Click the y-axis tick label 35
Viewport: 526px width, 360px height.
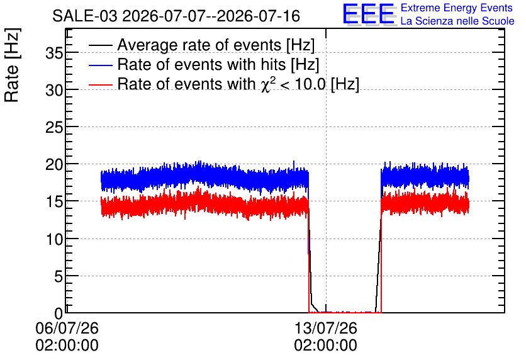coord(54,53)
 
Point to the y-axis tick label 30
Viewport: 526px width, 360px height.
coord(54,90)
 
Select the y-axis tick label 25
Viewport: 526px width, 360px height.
coord(54,127)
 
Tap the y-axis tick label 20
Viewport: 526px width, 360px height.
coord(54,164)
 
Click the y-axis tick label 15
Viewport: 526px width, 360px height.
coord(54,201)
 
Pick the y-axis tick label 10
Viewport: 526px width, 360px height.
coord(54,239)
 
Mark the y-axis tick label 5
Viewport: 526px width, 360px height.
coord(59,276)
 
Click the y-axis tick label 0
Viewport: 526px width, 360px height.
coord(59,313)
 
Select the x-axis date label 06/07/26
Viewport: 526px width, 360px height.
coord(67,328)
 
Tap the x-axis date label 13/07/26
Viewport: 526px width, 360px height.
coord(326,328)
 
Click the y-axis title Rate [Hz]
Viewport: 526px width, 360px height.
coord(12,65)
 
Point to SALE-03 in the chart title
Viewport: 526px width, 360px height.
coord(85,16)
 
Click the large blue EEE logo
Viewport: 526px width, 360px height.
coord(369,14)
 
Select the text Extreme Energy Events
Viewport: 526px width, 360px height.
coord(457,8)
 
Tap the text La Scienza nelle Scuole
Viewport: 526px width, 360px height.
coord(457,21)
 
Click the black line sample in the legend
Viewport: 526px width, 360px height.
coord(100,45)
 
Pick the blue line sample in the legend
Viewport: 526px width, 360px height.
coord(100,65)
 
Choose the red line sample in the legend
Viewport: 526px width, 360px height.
coord(100,84)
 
